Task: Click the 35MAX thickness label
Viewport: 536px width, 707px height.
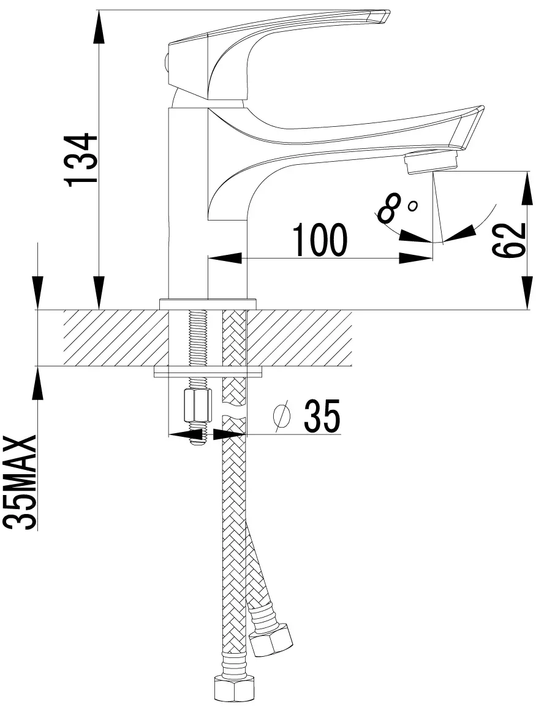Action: coord(20,482)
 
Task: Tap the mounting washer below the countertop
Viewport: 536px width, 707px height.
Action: coord(209,372)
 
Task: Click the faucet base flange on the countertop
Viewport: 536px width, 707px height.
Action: coord(208,303)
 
